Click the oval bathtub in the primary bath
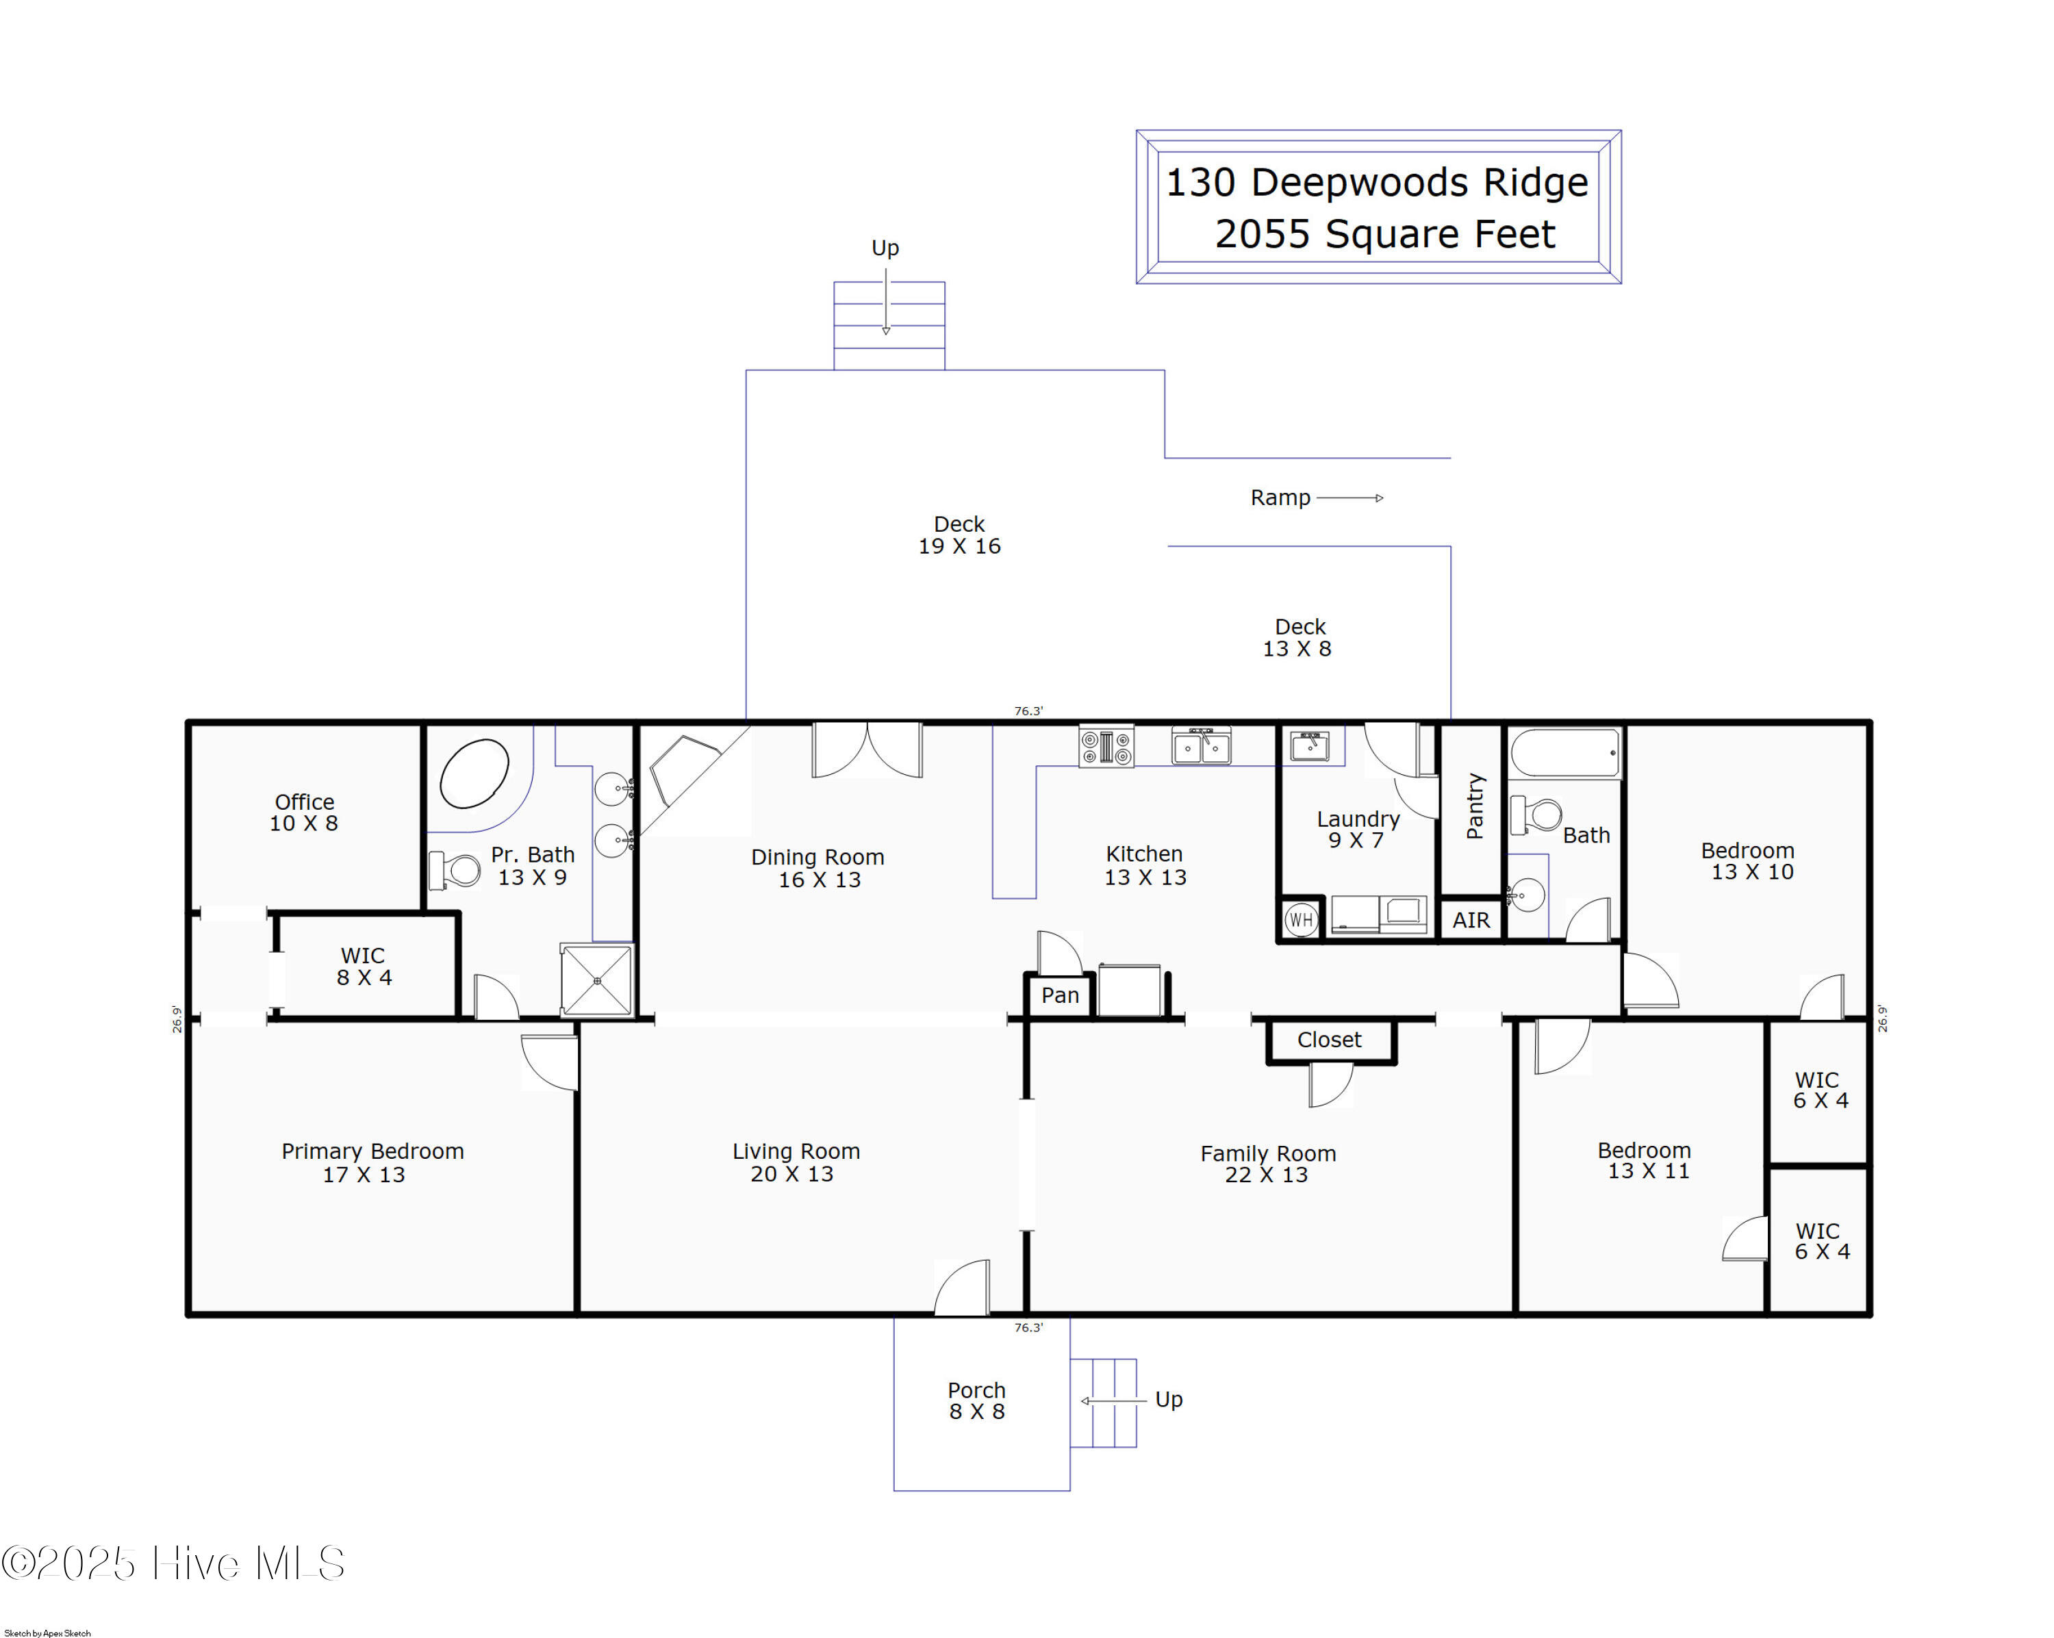[x=474, y=773]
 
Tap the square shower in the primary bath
[x=597, y=980]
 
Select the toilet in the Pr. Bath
[x=455, y=869]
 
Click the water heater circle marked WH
[x=1300, y=920]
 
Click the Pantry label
[x=1475, y=806]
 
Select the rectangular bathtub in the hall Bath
[x=1565, y=754]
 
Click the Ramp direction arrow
[x=1350, y=498]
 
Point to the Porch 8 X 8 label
[x=976, y=1401]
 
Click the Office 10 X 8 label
[x=304, y=812]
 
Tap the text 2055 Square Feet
[x=1384, y=234]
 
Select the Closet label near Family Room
[x=1329, y=1040]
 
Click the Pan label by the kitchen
[x=1061, y=995]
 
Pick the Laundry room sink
[x=1310, y=745]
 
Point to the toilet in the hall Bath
[x=1536, y=815]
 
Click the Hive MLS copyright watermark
[x=173, y=1563]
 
